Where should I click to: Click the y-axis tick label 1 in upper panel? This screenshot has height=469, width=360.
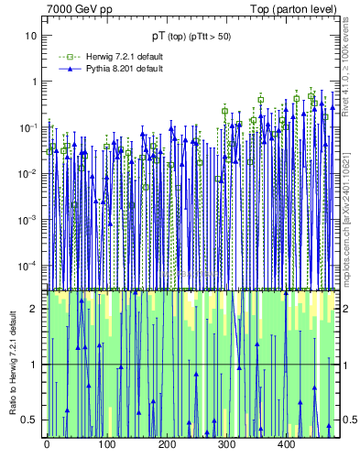click(x=33, y=81)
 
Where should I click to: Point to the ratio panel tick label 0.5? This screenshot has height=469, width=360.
click(x=29, y=420)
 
